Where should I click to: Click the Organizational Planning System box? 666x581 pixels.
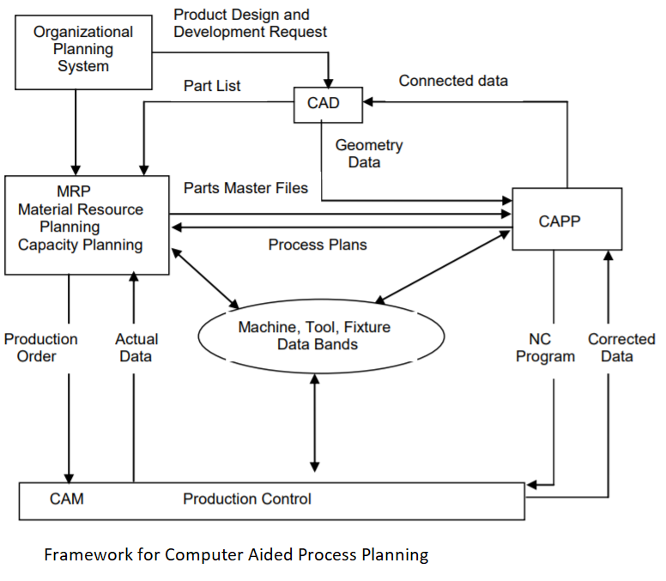pyautogui.click(x=83, y=49)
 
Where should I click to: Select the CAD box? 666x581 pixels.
pyautogui.click(x=328, y=104)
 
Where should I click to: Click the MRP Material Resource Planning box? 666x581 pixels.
pyautogui.click(x=87, y=225)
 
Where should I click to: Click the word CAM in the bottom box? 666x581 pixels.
pyautogui.click(x=66, y=499)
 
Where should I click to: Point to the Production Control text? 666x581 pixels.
pyautogui.click(x=247, y=499)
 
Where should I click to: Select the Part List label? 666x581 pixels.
pyautogui.click(x=212, y=86)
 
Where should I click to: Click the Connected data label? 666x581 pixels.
pyautogui.click(x=453, y=81)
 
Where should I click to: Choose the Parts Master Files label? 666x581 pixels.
pyautogui.click(x=245, y=188)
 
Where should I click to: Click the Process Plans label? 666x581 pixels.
pyautogui.click(x=317, y=245)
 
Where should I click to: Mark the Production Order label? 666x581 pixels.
pyautogui.click(x=40, y=348)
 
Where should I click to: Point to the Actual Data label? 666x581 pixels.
pyautogui.click(x=136, y=348)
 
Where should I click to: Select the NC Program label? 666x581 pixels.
pyautogui.click(x=545, y=348)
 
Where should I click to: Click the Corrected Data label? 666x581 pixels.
pyautogui.click(x=621, y=348)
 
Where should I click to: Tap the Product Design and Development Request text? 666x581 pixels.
pyautogui.click(x=250, y=23)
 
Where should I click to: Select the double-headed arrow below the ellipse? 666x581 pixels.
pyautogui.click(x=314, y=422)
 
